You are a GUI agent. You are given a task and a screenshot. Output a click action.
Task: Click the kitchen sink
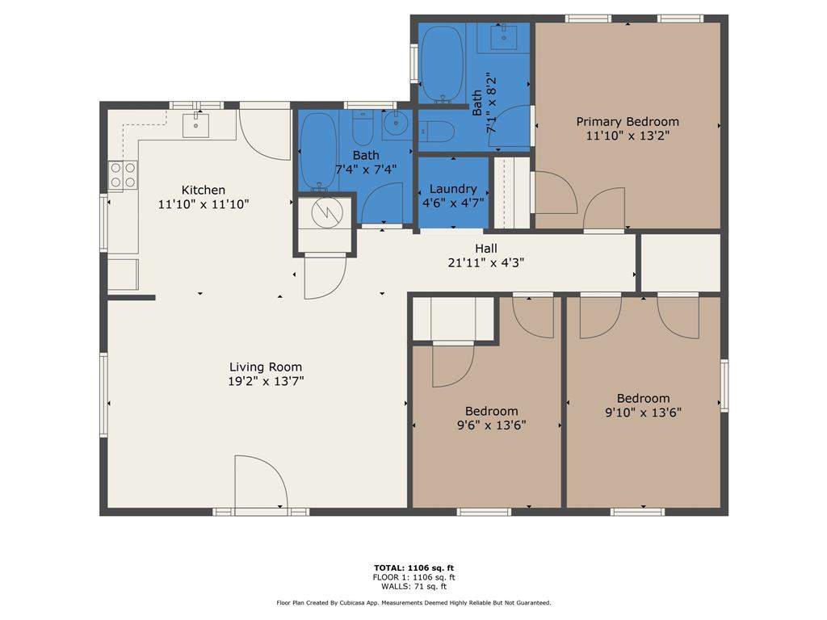click(195, 125)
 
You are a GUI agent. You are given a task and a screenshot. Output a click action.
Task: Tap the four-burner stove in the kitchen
click(122, 175)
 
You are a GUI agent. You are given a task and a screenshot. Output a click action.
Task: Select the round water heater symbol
click(328, 211)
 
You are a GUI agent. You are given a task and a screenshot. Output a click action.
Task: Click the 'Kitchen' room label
click(203, 191)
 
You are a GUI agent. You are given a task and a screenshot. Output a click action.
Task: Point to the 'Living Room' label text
click(266, 367)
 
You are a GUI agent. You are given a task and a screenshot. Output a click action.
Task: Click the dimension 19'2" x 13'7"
click(266, 382)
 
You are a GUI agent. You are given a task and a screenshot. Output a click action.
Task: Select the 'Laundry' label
click(453, 189)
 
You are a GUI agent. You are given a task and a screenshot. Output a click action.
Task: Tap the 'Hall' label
click(486, 249)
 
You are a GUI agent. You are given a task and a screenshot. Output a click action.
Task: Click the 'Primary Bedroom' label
click(628, 122)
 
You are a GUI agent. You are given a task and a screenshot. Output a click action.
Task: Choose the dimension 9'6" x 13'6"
click(491, 425)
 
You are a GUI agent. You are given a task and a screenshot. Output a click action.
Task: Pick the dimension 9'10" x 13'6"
click(643, 413)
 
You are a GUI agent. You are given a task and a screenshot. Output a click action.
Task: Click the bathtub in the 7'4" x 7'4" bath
click(318, 151)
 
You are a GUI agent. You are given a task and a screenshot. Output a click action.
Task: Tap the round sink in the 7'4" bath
click(396, 125)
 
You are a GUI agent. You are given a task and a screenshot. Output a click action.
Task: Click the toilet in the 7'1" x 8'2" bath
click(436, 131)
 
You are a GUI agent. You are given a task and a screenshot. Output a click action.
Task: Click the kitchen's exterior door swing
click(264, 134)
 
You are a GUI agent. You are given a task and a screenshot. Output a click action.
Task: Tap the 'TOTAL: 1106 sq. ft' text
click(413, 568)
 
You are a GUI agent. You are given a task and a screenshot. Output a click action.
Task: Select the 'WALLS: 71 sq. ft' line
click(413, 587)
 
